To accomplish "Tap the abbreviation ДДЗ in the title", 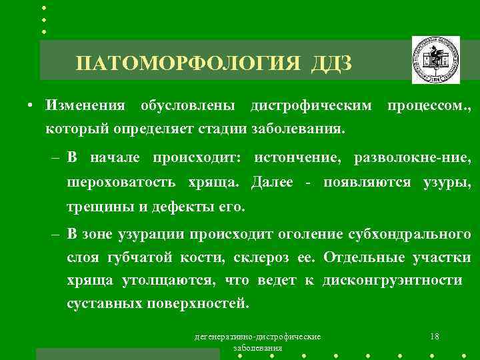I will click(x=332, y=64).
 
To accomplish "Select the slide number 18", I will click(x=435, y=337).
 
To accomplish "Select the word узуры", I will click(x=448, y=182).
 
